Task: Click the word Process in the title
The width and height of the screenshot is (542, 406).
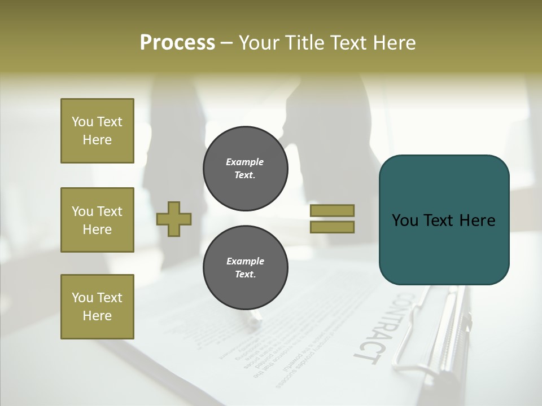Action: pos(177,43)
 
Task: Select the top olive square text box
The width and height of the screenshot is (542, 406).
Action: pos(97,131)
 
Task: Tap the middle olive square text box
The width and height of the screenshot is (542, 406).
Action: pos(97,220)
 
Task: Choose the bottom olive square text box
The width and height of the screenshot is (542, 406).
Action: pos(97,307)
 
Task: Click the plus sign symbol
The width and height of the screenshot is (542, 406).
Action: pos(174,219)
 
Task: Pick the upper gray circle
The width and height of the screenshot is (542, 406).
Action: pos(245,168)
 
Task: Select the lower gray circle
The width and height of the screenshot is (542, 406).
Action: pos(245,267)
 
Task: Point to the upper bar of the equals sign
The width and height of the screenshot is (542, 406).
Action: pos(332,210)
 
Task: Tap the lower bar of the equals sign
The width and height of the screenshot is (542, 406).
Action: pos(332,227)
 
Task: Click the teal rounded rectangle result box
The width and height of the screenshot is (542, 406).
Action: pos(444,220)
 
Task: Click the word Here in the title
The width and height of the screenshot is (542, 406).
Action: pos(396,43)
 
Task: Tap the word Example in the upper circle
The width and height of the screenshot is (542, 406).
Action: pos(245,162)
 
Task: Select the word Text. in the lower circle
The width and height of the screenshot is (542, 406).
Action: pos(245,275)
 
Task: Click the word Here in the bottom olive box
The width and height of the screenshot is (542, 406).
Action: pos(97,316)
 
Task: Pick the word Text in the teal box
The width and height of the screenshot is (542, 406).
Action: pos(443,220)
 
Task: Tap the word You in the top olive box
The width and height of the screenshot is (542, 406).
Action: pos(82,122)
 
